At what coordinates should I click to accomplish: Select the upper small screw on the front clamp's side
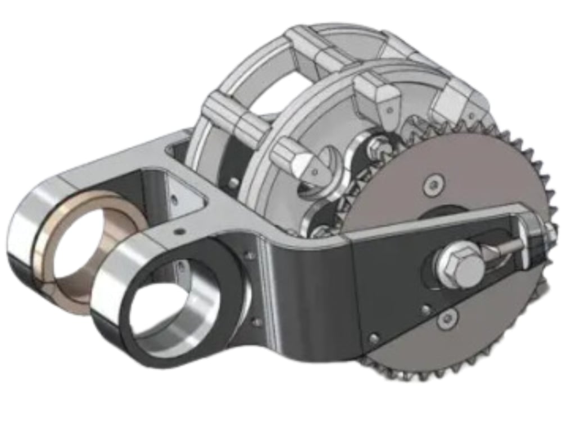click(x=249, y=256)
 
